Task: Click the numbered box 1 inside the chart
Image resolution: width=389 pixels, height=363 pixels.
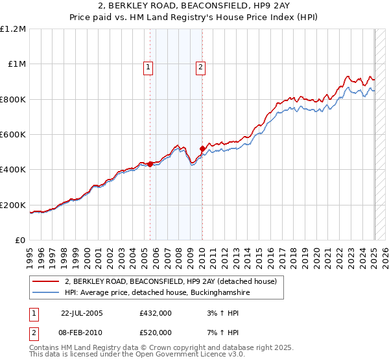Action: [x=148, y=66]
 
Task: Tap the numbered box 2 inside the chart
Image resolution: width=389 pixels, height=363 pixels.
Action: [x=201, y=66]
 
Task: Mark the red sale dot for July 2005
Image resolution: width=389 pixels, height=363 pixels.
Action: [x=150, y=164]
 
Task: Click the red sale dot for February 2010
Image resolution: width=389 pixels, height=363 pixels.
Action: [x=202, y=148]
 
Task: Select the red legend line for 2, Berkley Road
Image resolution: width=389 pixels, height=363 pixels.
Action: [x=46, y=281]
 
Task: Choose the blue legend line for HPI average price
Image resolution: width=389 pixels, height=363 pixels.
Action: [x=46, y=293]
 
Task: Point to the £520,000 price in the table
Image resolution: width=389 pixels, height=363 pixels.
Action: [x=156, y=333]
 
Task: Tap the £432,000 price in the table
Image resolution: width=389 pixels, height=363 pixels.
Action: [x=156, y=313]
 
